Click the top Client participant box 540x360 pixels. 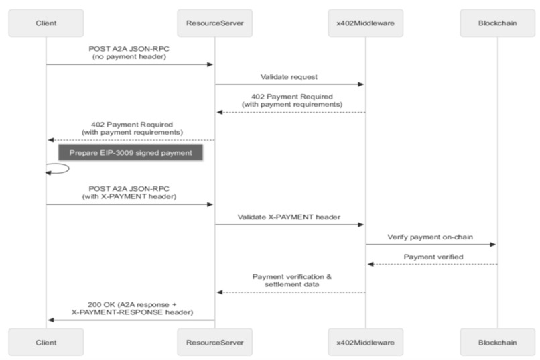point(46,23)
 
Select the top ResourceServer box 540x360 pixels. point(214,23)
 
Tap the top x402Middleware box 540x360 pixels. point(365,23)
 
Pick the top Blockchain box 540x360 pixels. point(498,23)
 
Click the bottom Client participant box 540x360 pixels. point(46,342)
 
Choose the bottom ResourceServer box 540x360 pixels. point(214,342)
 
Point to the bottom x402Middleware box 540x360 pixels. point(365,342)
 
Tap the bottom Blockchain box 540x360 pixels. point(498,342)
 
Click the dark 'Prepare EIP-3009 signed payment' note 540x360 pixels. point(130,153)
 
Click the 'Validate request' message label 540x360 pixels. point(289,78)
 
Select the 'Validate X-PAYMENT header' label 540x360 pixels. point(289,217)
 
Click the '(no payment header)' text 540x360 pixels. point(130,58)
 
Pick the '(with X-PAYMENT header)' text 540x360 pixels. point(130,198)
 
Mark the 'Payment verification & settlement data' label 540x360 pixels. point(291,280)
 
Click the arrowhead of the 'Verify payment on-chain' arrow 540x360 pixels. point(493,245)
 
